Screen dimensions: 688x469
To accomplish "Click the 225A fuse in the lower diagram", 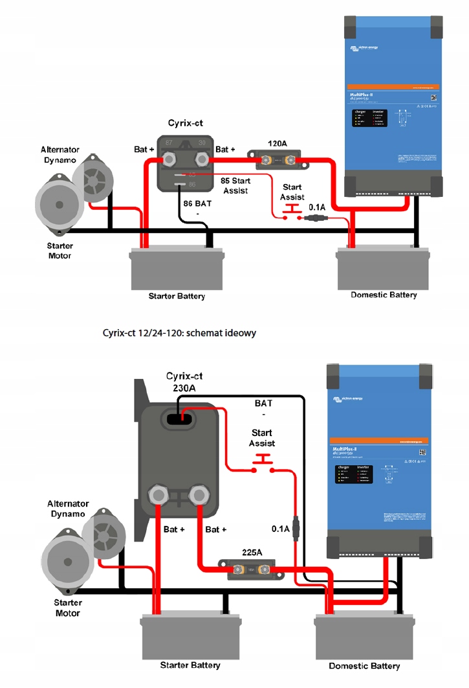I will pos(246,570).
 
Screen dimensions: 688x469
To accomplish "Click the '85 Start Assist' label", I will pos(235,186).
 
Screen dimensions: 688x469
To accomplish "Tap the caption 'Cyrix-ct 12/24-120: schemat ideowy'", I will pos(179,333).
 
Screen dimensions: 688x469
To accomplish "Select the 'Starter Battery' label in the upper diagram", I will pos(177,296).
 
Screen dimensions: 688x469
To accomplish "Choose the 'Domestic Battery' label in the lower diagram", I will pos(364,666).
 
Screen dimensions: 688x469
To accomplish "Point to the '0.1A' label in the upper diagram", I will pos(318,207).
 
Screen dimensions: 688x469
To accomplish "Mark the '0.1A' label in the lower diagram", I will pos(281,529).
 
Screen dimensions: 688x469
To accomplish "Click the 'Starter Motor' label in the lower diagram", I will pos(67,608).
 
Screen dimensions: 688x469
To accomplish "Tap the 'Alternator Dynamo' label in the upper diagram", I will pos(60,155).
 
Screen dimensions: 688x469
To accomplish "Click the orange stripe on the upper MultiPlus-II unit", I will pos(393,86).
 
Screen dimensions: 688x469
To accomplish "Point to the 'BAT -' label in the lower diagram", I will pos(263,408).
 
